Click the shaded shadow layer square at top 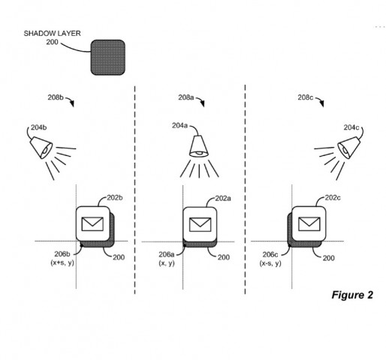point(108,57)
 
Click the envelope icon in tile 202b point(94,223)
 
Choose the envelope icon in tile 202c point(308,223)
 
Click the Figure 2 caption point(351,294)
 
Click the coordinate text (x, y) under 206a point(167,263)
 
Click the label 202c point(333,198)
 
